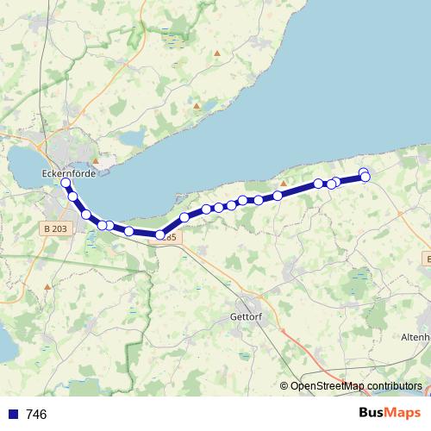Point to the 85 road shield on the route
point(170,237)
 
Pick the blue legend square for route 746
point(13,415)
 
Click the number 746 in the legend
point(37,415)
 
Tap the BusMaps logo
point(390,414)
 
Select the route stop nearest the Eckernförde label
point(66,184)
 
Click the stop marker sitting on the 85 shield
point(160,234)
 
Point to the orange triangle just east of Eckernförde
point(97,160)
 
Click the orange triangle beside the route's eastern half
point(282,184)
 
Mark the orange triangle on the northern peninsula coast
point(197,107)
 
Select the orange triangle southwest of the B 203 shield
point(47,285)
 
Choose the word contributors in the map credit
point(394,385)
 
